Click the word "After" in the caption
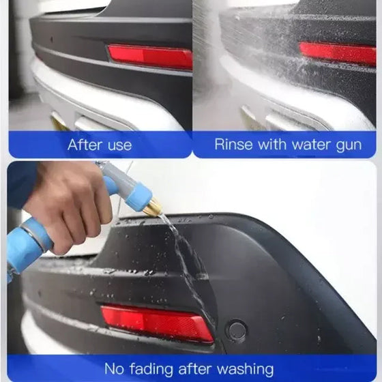coord(83,145)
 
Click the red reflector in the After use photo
coord(150,57)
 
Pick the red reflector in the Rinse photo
coord(338,53)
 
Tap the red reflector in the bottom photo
coord(156,323)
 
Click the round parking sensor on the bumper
coord(236,331)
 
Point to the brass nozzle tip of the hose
coord(151,206)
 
